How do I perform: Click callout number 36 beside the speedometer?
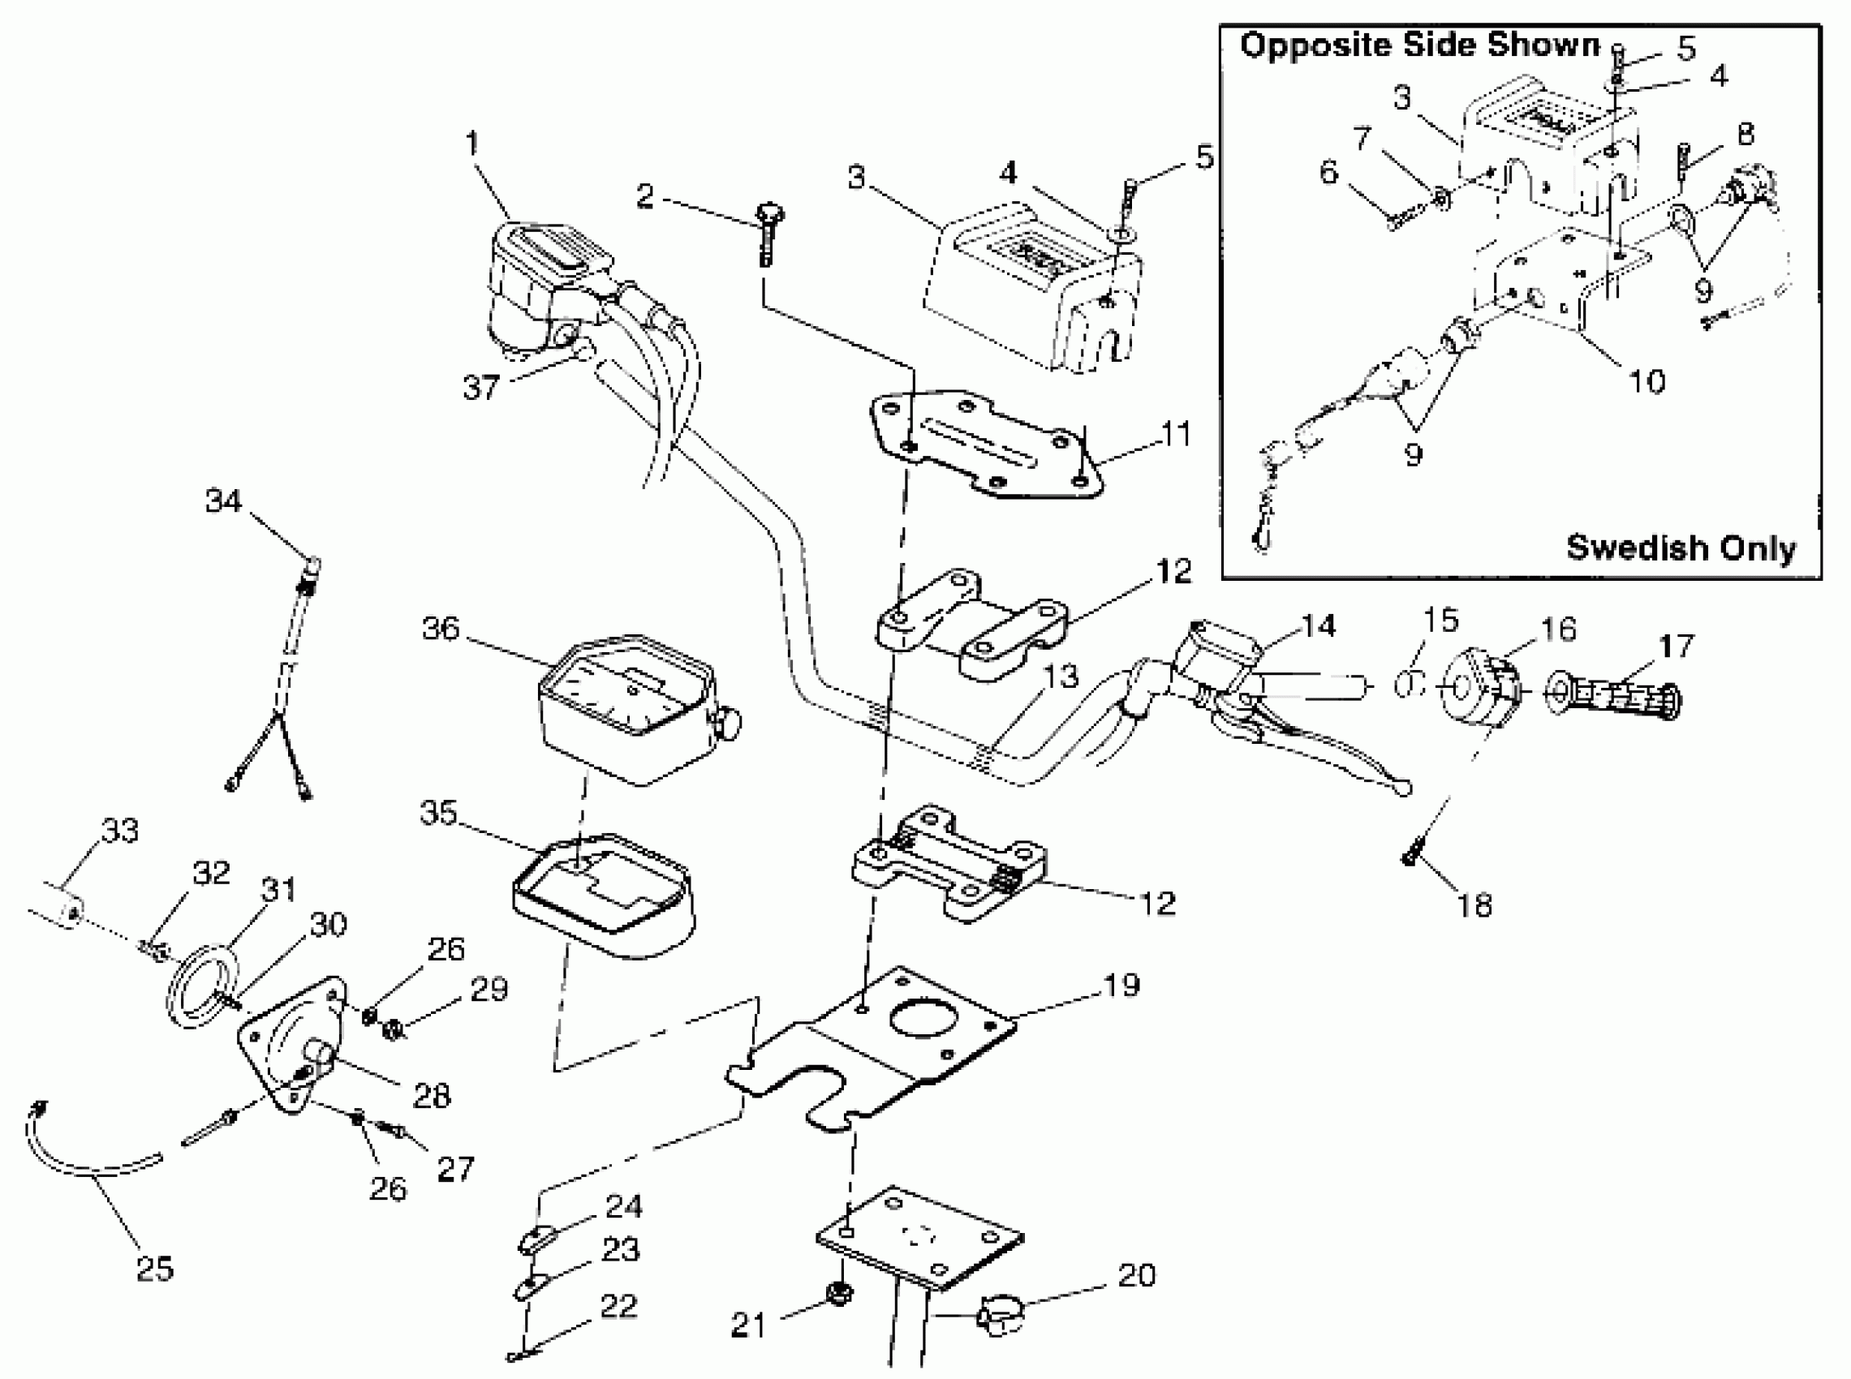440,628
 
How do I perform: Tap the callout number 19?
1121,985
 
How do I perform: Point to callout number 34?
223,500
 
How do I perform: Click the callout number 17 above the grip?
1676,644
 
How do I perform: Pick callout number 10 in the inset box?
1647,380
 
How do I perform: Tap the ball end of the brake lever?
1405,787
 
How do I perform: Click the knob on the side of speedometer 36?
729,723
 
